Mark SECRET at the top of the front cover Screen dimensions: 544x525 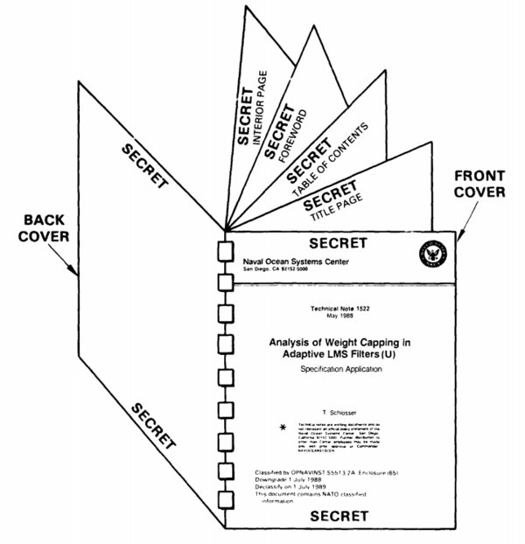(x=339, y=241)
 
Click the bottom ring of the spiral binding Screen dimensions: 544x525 (x=220, y=504)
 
